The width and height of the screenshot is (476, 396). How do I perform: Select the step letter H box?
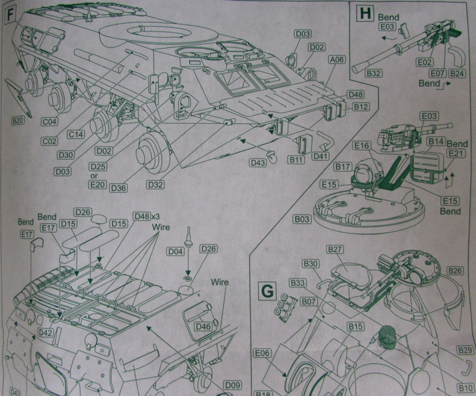[x=366, y=14]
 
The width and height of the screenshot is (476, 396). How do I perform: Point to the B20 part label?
[x=18, y=121]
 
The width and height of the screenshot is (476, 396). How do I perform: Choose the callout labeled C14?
[x=76, y=134]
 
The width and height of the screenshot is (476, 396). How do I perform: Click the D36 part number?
[x=119, y=188]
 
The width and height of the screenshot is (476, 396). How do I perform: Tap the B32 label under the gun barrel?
[x=373, y=73]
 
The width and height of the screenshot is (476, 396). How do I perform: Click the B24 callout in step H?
[x=457, y=73]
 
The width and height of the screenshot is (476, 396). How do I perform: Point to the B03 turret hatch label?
[x=302, y=219]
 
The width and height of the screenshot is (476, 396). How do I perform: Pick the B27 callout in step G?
[x=335, y=249]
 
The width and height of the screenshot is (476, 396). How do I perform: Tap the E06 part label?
[x=262, y=353]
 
